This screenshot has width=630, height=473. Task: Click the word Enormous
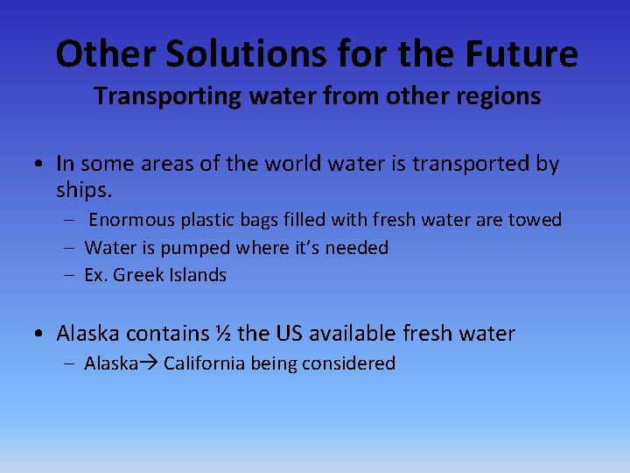[x=129, y=220]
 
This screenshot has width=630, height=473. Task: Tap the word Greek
[x=138, y=275]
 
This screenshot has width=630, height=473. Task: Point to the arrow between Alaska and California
[x=149, y=364]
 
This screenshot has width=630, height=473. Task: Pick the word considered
[x=350, y=364]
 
